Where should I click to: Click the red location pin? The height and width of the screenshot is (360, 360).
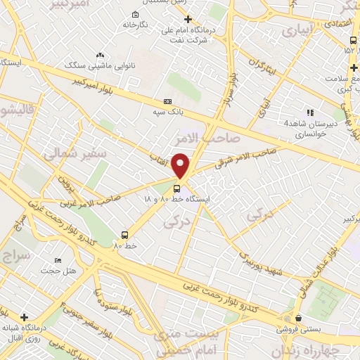click(x=181, y=165)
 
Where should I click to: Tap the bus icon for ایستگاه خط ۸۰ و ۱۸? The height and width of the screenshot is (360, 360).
click(x=176, y=188)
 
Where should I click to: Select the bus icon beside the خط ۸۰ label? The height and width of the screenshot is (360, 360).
click(x=124, y=235)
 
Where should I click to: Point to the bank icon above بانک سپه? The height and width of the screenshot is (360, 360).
click(x=167, y=101)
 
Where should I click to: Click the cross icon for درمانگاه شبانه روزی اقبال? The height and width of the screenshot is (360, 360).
click(x=25, y=318)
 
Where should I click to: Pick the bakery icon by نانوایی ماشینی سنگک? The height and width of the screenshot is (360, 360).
click(x=100, y=53)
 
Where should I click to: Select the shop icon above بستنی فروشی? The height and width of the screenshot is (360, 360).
click(x=299, y=318)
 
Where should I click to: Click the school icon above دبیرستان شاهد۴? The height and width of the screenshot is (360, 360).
click(x=309, y=112)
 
